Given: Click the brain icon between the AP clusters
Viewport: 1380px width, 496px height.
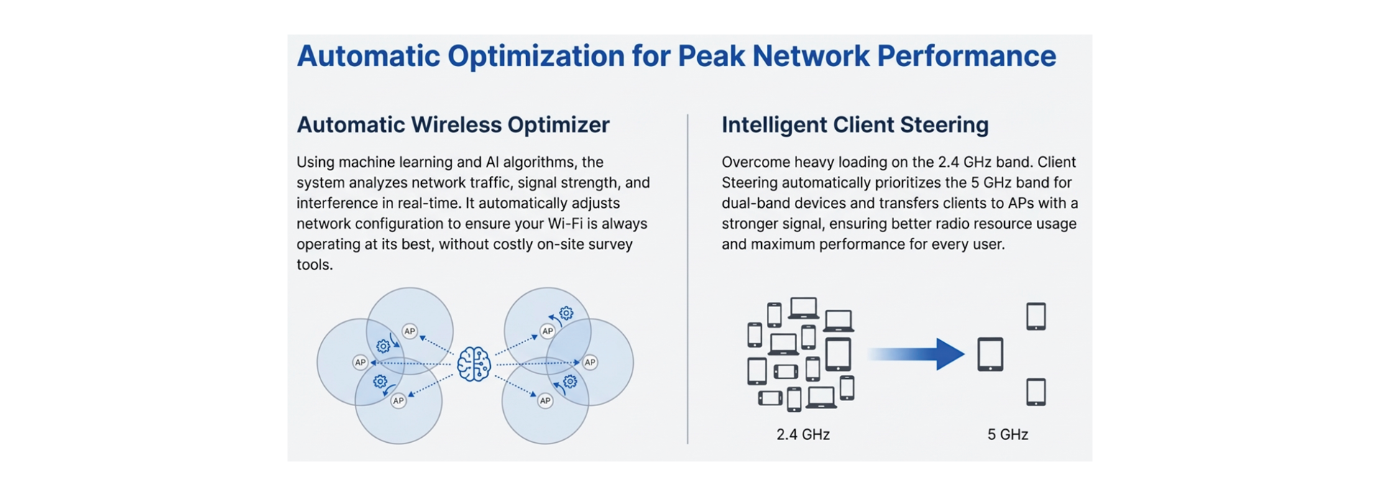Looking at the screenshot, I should point(474,364).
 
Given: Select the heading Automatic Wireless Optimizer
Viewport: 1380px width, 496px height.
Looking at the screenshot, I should point(453,124).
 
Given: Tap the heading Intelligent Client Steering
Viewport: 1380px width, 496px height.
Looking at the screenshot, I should point(855,124).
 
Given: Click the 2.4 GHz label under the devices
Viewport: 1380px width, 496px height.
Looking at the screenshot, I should point(803,434).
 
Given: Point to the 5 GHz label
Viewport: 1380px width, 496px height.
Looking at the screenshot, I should point(1007,434).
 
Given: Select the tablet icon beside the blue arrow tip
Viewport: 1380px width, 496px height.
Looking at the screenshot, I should point(990,354).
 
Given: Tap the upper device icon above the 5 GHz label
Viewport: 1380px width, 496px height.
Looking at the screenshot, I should point(1036,316).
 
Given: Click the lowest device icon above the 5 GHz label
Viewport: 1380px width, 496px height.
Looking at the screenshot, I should point(1036,392).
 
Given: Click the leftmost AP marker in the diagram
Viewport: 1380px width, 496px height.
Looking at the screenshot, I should point(360,362).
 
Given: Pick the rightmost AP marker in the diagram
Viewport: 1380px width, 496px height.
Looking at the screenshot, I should point(589,362).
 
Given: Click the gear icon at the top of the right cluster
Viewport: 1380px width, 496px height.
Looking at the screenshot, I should point(566,313).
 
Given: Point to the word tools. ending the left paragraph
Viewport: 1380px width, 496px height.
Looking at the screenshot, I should point(314,265).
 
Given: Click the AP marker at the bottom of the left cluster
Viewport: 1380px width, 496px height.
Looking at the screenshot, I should point(398,400).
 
